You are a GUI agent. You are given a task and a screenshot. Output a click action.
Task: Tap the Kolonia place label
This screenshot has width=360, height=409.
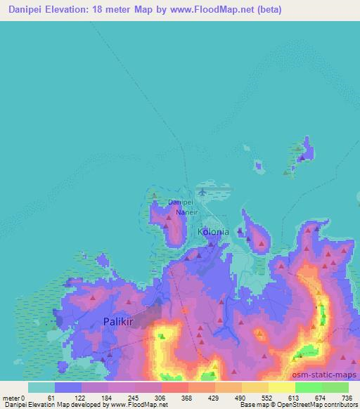[x=212, y=231]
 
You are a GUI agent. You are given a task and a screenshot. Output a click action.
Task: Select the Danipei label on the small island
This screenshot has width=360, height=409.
[x=180, y=202]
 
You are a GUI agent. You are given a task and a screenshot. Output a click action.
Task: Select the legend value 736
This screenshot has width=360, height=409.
[x=347, y=398]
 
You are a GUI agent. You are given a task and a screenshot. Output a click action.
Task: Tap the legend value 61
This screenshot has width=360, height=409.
[x=51, y=398]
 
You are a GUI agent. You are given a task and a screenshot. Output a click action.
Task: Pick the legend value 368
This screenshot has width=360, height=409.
[x=186, y=398]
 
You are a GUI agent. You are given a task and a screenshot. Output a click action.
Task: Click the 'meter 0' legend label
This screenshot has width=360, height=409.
[x=14, y=398]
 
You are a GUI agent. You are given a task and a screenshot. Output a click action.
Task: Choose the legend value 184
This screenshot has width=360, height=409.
[x=105, y=398]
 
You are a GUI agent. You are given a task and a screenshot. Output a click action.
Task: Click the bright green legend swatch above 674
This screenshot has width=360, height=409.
[x=308, y=387]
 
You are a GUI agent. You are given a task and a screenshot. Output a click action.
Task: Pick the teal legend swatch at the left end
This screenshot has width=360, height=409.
[x=41, y=387]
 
